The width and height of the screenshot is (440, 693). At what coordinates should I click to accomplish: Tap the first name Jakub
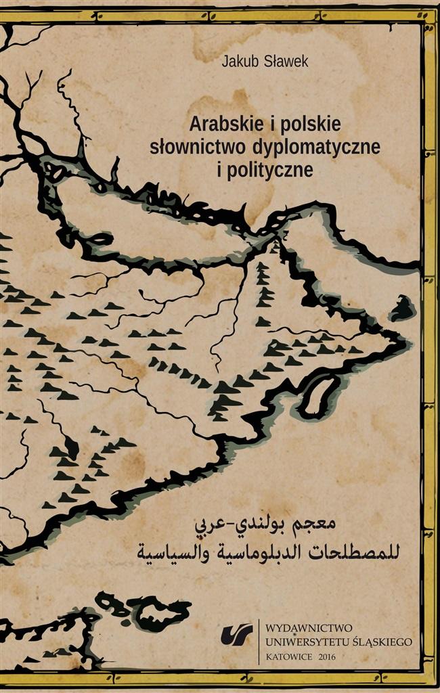click(236, 62)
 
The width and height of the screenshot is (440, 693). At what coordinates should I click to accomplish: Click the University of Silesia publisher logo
click(242, 634)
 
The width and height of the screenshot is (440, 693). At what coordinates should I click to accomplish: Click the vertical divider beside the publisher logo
click(259, 640)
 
